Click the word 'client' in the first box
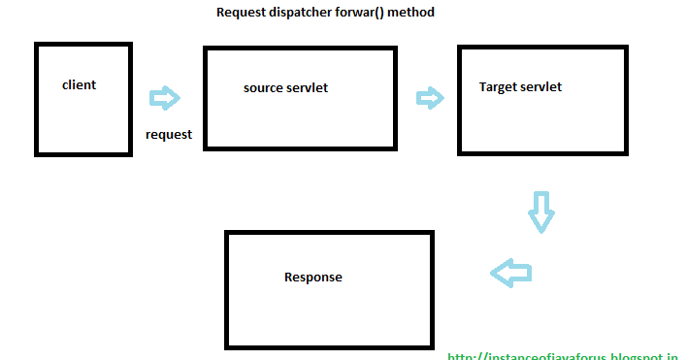tap(79, 85)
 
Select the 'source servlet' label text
tap(285, 88)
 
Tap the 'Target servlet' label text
tap(520, 87)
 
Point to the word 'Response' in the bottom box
tap(312, 278)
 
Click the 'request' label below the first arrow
tap(169, 135)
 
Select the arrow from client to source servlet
tap(165, 98)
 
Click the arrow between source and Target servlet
tap(430, 97)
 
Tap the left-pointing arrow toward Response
tap(511, 273)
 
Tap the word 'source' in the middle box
tap(263, 88)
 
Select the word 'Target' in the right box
tap(498, 87)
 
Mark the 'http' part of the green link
tap(460, 356)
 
